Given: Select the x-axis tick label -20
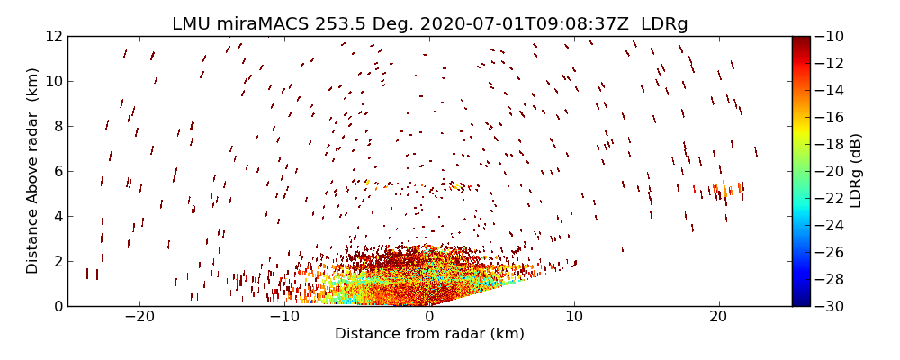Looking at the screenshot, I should click(x=139, y=317).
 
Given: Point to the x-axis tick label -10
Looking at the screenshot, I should click(x=284, y=317).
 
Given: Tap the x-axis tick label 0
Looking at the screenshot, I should click(x=429, y=317).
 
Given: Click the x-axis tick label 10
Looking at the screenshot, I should click(x=574, y=317).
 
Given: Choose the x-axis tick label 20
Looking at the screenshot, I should click(x=718, y=317).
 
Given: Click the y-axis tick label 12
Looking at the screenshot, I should click(x=52, y=37).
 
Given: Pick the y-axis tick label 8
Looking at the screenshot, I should click(x=56, y=127).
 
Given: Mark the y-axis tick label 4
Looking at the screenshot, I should click(x=56, y=217).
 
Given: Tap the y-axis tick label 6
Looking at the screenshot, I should click(x=56, y=172).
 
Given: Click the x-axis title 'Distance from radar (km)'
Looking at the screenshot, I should click(x=429, y=334).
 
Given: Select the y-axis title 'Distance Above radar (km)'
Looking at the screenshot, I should click(x=33, y=171).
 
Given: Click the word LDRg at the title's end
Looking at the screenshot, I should click(x=663, y=23).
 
